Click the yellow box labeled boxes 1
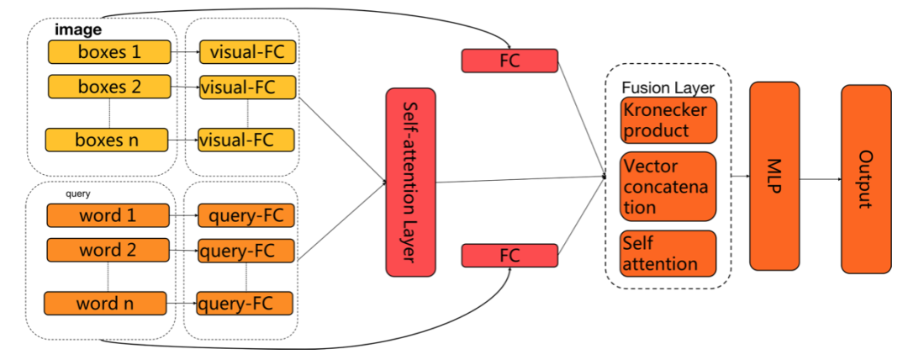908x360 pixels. [x=110, y=52]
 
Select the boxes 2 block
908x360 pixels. [x=110, y=86]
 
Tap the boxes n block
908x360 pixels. [x=108, y=140]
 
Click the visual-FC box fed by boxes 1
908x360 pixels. [x=247, y=52]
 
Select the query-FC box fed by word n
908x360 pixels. [x=245, y=303]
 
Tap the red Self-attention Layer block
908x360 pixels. [x=410, y=182]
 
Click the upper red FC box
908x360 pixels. [x=509, y=60]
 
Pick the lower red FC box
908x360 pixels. [x=509, y=256]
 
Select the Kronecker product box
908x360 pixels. [x=668, y=120]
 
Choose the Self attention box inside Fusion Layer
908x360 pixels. [x=668, y=252]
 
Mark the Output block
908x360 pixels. [x=866, y=178]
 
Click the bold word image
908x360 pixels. [x=78, y=29]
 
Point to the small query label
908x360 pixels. [x=78, y=194]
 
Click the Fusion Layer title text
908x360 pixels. [x=668, y=87]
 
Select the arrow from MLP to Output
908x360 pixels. [x=820, y=179]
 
